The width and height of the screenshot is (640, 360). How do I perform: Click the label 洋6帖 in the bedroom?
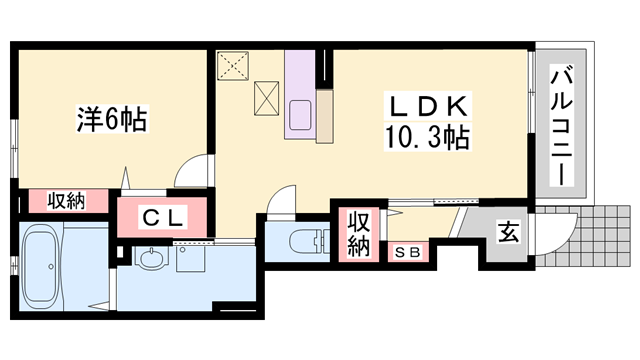coord(111,121)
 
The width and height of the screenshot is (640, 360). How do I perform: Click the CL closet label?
coord(161,216)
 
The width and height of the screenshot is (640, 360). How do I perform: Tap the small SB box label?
coord(408,252)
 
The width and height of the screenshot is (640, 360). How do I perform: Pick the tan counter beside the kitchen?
coord(324,116)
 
